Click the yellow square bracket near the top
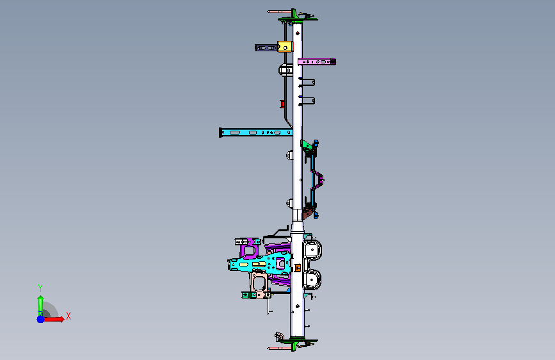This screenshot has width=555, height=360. pyautogui.click(x=285, y=47)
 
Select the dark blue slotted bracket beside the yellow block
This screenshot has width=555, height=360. pyautogui.click(x=266, y=48)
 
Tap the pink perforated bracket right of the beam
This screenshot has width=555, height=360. pyautogui.click(x=317, y=61)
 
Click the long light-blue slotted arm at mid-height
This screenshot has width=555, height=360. pyautogui.click(x=255, y=133)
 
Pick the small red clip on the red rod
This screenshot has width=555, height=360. pyautogui.click(x=282, y=104)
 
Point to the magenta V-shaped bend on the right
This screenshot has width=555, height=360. pyautogui.click(x=318, y=179)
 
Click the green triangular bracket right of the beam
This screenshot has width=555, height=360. pyautogui.click(x=307, y=145)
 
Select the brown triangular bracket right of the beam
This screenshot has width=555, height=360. pyautogui.click(x=309, y=214)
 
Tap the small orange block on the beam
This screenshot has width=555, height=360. pyautogui.click(x=298, y=268)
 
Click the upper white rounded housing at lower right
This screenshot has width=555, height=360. pyautogui.click(x=312, y=250)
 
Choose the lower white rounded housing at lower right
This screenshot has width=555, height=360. pyautogui.click(x=312, y=279)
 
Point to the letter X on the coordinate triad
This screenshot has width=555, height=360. pyautogui.click(x=68, y=316)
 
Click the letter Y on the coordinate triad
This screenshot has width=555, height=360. pyautogui.click(x=40, y=288)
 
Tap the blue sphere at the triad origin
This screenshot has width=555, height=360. pyautogui.click(x=41, y=319)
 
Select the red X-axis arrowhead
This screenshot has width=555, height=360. pyautogui.click(x=61, y=319)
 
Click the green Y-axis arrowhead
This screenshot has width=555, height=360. pyautogui.click(x=41, y=299)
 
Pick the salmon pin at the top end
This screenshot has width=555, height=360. pyautogui.click(x=279, y=12)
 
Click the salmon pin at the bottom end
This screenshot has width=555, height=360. pyautogui.click(x=279, y=348)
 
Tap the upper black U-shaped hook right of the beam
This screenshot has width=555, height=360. pyautogui.click(x=307, y=82)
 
